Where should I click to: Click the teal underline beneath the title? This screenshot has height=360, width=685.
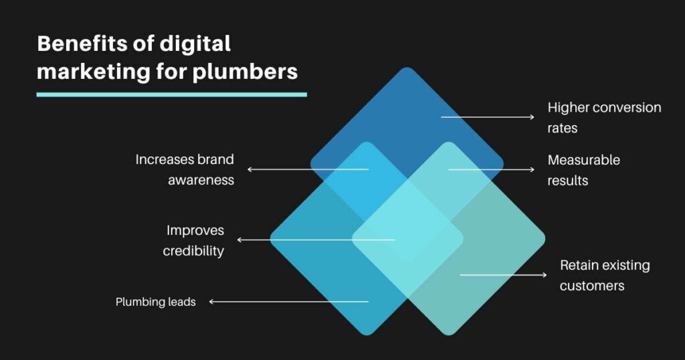(172, 94)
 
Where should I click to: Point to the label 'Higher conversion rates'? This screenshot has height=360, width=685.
(604, 118)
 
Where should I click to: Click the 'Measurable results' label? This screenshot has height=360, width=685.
(583, 170)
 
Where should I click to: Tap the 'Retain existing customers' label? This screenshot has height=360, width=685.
(605, 275)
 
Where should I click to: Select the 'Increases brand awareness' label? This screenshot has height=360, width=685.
(185, 169)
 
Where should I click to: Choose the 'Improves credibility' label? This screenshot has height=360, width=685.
(193, 240)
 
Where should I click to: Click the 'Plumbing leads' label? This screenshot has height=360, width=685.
(155, 302)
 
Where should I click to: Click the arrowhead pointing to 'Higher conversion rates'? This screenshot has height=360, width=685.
(532, 117)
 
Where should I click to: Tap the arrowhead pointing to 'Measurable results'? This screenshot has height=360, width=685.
(532, 169)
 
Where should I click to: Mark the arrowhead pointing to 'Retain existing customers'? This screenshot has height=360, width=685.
(544, 275)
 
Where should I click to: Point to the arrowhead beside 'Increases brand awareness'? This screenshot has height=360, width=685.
(250, 169)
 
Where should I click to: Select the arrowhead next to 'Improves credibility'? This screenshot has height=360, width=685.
(239, 240)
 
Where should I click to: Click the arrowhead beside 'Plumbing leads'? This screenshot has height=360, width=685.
(211, 302)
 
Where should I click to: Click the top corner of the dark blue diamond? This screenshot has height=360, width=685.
(407, 68)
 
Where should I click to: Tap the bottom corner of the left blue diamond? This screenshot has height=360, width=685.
(367, 334)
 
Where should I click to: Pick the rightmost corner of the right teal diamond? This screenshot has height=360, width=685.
(544, 239)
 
